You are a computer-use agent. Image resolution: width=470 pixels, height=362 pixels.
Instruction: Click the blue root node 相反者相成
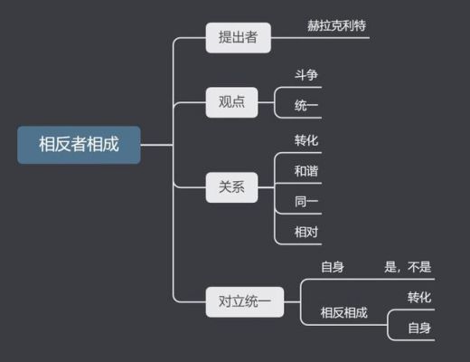coord(79,145)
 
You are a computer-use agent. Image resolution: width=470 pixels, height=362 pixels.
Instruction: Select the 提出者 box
coord(239,38)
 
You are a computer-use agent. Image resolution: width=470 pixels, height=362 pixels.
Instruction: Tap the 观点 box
coord(231,102)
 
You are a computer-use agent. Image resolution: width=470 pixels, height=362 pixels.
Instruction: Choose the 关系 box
coord(231,187)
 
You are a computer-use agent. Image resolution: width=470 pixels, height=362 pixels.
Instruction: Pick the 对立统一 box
coord(245,301)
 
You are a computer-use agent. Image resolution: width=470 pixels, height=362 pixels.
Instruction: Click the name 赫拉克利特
coord(336,25)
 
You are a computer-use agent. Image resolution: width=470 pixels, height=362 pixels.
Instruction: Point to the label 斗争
coord(306,75)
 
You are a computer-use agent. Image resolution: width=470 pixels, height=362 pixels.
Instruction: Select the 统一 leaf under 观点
coord(306,106)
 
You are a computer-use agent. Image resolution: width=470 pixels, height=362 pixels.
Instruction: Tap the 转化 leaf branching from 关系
coord(306,140)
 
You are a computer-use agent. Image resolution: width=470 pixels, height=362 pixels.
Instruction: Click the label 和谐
coord(306,171)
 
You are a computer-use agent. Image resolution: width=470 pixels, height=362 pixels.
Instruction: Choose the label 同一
coord(306,202)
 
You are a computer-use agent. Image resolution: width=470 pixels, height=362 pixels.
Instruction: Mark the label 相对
coord(306,233)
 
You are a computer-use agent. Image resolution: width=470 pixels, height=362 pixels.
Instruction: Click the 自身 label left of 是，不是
coord(333,267)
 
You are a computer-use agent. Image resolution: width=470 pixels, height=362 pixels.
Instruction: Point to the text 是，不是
coord(408,267)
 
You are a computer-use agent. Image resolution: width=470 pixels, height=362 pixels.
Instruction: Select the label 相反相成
coord(344,313)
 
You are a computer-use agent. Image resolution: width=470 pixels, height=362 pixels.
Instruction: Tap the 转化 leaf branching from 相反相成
coord(419,298)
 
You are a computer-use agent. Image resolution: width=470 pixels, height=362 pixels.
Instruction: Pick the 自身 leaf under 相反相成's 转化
coord(419,329)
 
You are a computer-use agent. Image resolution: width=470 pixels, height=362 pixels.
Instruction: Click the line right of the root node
coord(156,145)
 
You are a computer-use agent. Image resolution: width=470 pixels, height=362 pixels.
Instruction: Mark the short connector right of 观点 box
coord(266,102)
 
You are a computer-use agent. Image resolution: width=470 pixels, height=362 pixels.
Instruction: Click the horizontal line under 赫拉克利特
coord(320,38)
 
